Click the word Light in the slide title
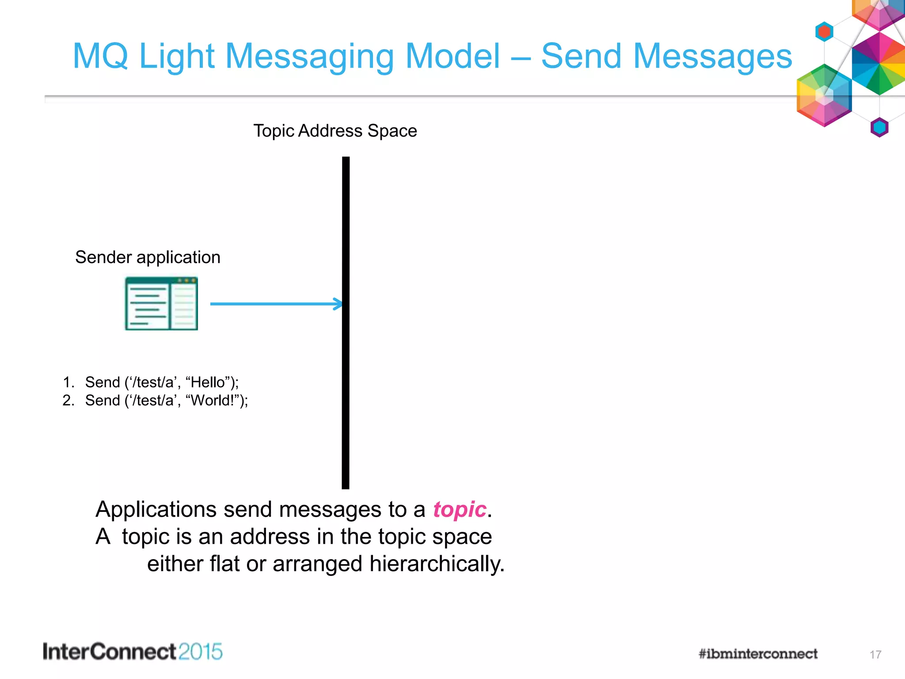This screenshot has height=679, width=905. pos(177,57)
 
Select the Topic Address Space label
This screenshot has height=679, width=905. pos(335,131)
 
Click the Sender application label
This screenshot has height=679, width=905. pos(148,257)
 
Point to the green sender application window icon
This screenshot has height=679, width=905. pos(161,304)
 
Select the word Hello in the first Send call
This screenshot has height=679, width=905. pos(208,382)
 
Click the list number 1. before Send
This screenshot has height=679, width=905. pos(68,382)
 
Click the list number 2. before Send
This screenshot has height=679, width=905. pos(68,401)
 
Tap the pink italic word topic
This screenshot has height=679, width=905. pos(460,510)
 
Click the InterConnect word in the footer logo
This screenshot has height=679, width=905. pos(110,652)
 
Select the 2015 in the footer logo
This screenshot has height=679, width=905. pos(201,652)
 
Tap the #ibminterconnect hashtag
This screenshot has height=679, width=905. pos(758,654)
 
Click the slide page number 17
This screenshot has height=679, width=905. pos(875,655)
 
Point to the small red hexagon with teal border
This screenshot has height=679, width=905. pos(824,32)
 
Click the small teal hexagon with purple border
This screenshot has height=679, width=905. pos(879,127)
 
